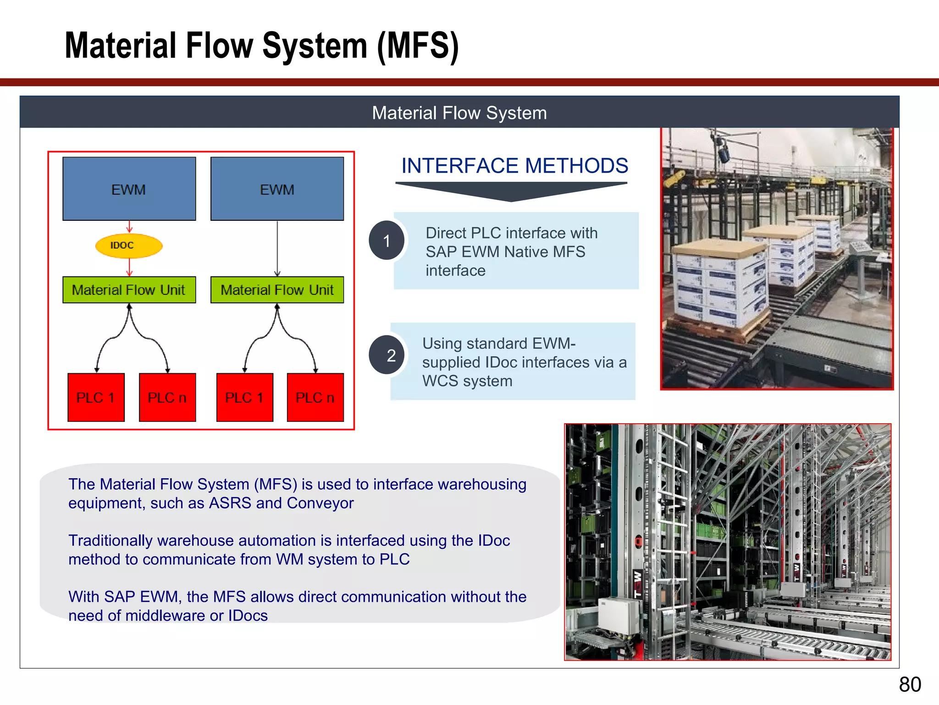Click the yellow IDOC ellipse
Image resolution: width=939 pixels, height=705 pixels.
click(129, 246)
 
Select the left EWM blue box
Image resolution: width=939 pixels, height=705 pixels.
click(129, 189)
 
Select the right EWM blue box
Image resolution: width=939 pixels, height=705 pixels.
click(277, 189)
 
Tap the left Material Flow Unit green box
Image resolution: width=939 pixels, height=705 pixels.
click(129, 290)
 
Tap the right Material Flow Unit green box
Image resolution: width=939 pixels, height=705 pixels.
click(277, 290)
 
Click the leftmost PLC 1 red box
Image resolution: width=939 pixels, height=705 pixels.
click(96, 397)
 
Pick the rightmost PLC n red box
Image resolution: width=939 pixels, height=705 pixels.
click(315, 397)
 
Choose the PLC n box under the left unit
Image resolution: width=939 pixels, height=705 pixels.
click(167, 397)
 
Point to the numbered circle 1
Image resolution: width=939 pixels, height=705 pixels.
click(387, 241)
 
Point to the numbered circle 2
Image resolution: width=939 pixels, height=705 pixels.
click(390, 355)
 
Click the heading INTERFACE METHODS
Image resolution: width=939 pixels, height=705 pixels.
click(514, 166)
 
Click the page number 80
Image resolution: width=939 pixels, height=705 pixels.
click(910, 684)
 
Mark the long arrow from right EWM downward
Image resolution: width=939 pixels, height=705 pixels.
click(277, 248)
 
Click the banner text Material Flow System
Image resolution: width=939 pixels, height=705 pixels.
click(459, 113)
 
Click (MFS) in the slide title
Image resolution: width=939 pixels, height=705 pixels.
click(418, 46)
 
